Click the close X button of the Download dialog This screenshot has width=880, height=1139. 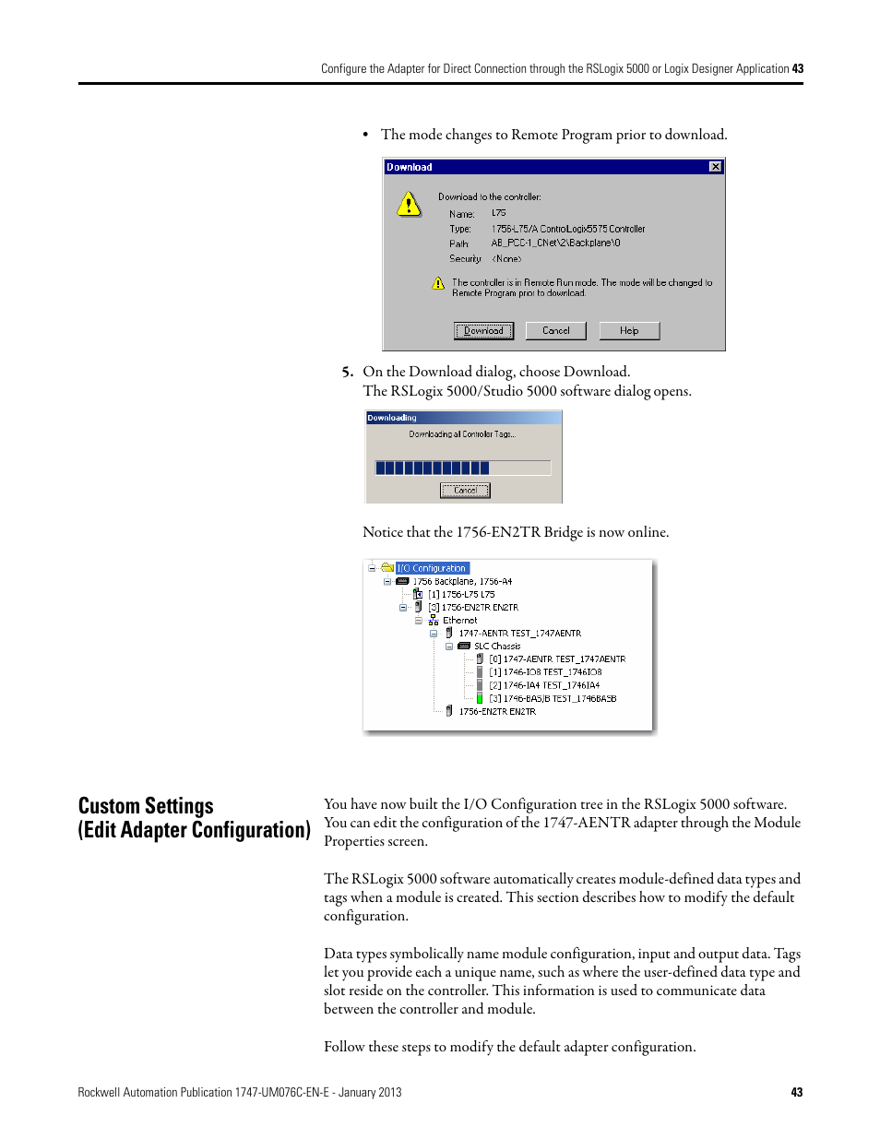(715, 167)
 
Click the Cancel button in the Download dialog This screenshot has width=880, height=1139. (555, 330)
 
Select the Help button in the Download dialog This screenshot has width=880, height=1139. (629, 330)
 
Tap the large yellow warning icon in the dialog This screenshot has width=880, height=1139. (409, 204)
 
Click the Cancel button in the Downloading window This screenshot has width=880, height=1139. (465, 491)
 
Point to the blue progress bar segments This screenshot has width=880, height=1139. (432, 468)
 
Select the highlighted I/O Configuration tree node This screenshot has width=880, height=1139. (432, 568)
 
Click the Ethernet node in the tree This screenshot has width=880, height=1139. (459, 621)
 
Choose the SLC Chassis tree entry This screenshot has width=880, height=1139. (497, 647)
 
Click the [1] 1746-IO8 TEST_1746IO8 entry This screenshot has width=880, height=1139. (545, 672)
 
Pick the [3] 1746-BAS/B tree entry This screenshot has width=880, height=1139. (553, 699)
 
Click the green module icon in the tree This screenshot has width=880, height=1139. (480, 699)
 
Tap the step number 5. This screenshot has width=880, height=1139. (347, 372)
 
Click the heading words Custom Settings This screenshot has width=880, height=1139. (146, 806)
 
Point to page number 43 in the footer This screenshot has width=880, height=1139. (797, 1092)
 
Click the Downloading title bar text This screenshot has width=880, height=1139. (392, 418)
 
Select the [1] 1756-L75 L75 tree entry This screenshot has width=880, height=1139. (461, 595)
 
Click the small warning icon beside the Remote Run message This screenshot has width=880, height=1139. (438, 283)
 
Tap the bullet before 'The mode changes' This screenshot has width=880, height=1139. (366, 136)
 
